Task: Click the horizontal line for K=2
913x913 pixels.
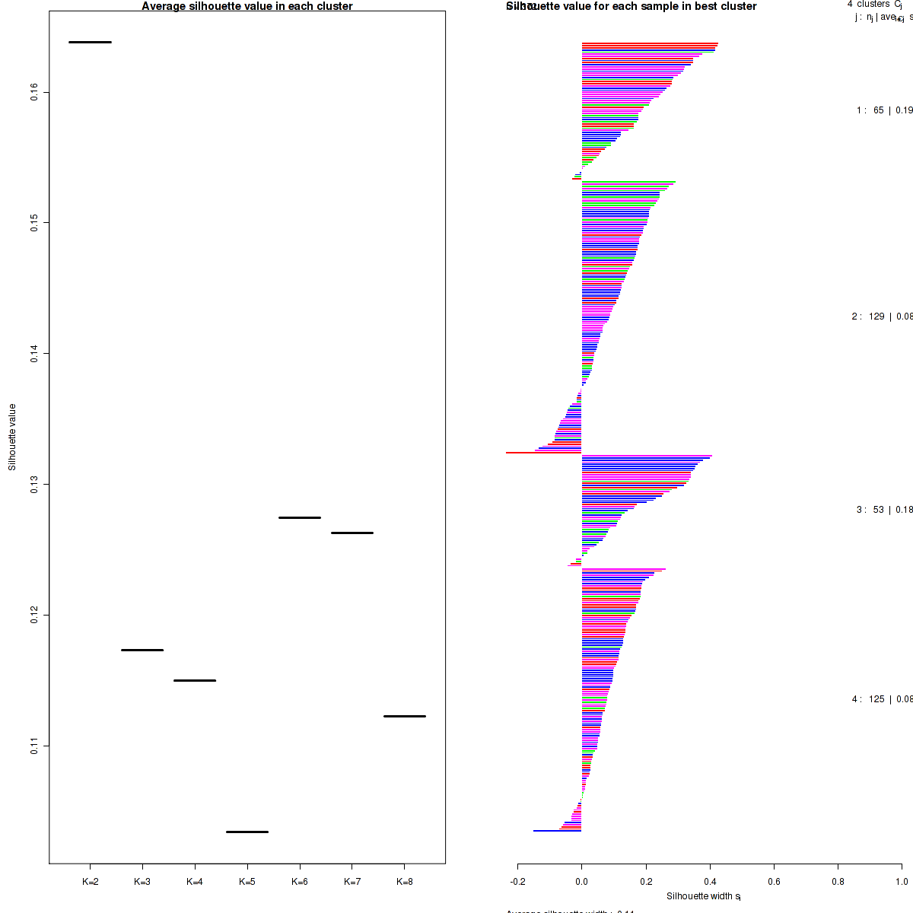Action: [90, 42]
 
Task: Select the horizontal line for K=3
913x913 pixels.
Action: [142, 650]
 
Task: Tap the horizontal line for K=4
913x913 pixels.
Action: [195, 680]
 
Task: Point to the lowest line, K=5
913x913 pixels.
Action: [247, 832]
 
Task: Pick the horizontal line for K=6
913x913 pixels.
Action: [300, 517]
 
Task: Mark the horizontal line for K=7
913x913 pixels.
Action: [352, 533]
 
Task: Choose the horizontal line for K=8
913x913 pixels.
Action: [405, 716]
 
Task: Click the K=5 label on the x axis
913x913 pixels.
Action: [247, 882]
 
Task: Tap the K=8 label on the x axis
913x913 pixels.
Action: [405, 882]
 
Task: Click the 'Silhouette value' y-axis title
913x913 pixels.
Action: [12, 437]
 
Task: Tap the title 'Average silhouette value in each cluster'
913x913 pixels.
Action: [247, 6]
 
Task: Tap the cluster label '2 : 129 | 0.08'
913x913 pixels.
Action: [882, 317]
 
